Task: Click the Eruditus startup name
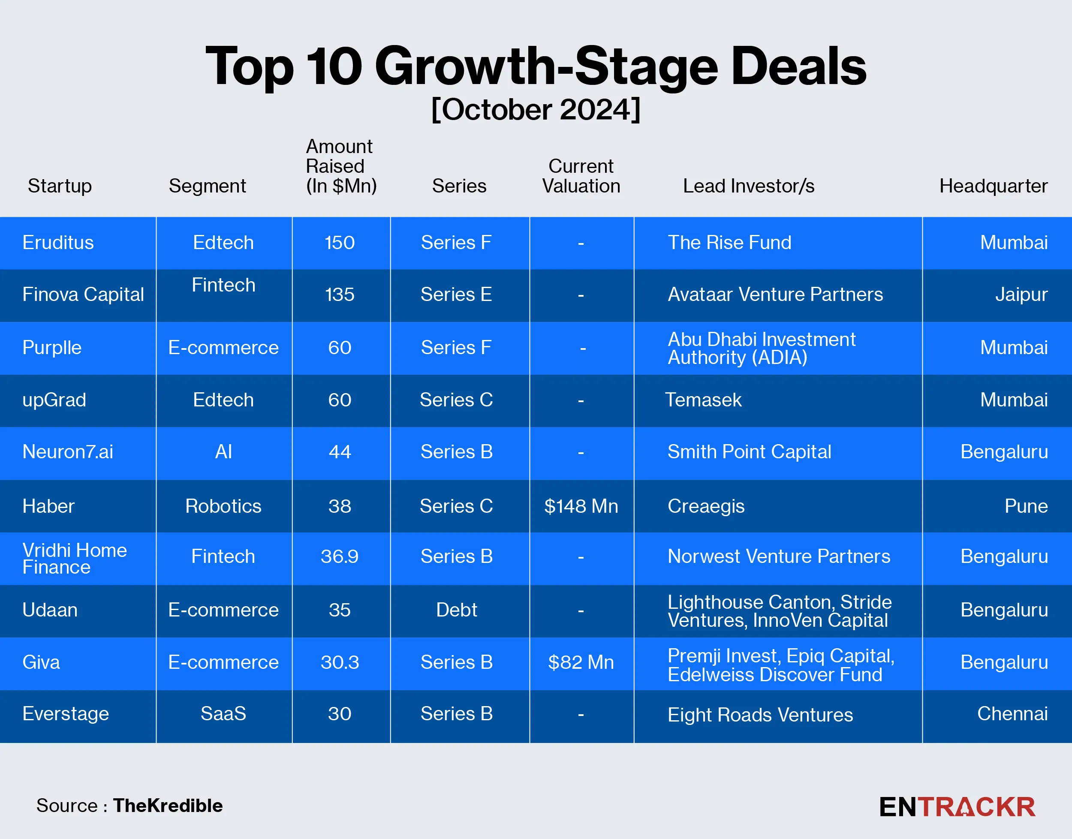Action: [58, 243]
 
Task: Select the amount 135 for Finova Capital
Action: [340, 295]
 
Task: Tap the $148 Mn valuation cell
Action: [581, 506]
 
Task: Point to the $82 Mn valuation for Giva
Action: [581, 663]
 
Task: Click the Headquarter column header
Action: [993, 186]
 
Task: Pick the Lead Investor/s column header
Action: [748, 186]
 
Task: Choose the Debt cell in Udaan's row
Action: [456, 610]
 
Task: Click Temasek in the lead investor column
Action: [703, 400]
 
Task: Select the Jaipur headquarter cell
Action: [1021, 295]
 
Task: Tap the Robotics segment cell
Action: [223, 506]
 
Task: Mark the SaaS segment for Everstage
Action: [223, 714]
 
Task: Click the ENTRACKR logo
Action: [957, 807]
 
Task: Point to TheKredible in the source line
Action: [168, 806]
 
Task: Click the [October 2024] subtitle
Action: [536, 110]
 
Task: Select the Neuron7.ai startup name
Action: [68, 452]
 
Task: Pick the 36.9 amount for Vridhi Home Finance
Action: [340, 556]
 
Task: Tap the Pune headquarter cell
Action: [1026, 506]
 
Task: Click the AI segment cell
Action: [223, 452]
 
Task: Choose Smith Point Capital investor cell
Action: [749, 452]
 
